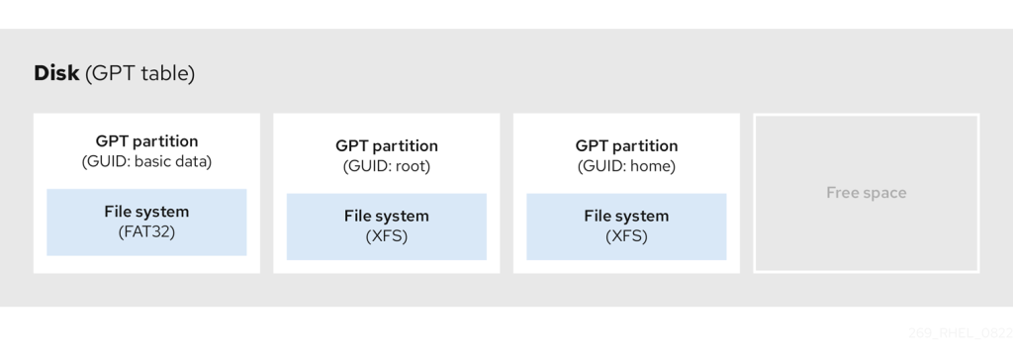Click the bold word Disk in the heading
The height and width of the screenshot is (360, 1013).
click(57, 73)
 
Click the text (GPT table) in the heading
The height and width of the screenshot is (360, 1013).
click(140, 73)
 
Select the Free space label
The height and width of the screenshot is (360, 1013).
click(866, 193)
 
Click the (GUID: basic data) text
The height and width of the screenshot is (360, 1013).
click(146, 161)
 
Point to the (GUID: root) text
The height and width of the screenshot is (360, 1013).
click(386, 166)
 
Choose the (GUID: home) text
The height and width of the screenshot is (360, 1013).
click(626, 166)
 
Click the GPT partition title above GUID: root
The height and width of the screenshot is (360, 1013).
click(386, 145)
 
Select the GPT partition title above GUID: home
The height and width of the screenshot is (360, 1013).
click(626, 145)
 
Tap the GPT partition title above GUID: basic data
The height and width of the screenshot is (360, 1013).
click(146, 140)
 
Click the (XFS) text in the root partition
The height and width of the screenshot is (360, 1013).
click(386, 236)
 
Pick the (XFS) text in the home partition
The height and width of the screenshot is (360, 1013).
click(626, 236)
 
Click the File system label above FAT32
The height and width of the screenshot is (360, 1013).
click(146, 211)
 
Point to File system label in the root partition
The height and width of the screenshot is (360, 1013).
click(386, 216)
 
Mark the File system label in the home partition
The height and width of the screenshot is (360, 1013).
click(626, 216)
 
